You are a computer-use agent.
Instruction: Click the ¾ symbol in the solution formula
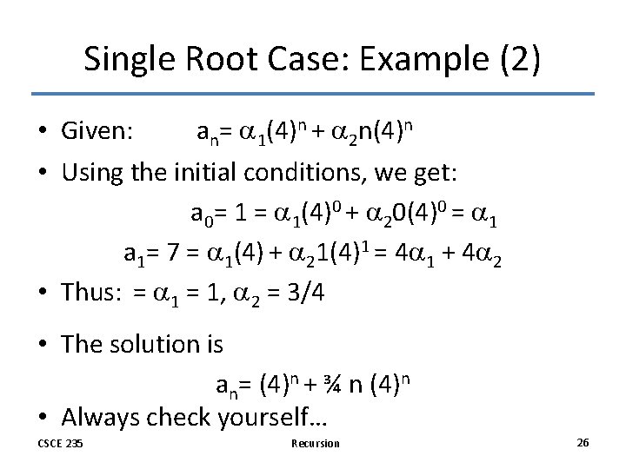330,383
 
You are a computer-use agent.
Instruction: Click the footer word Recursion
316,444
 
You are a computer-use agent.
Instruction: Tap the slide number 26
583,443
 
